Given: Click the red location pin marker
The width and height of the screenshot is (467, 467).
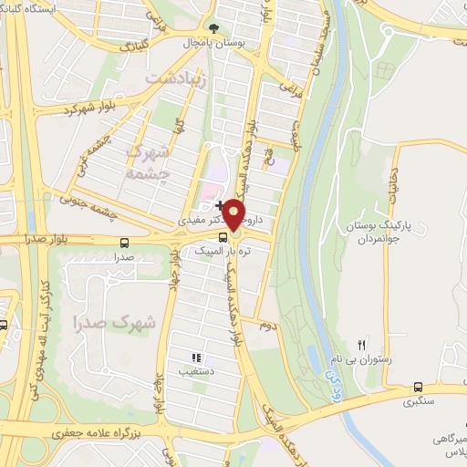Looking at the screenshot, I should pyautogui.click(x=234, y=214).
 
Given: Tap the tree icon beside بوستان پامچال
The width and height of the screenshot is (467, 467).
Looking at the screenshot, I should pyautogui.click(x=213, y=28).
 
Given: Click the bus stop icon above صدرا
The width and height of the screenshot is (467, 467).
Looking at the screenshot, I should pyautogui.click(x=124, y=244).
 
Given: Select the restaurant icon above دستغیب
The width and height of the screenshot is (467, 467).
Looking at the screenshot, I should pyautogui.click(x=194, y=358).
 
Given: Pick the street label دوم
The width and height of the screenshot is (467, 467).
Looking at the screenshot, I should pyautogui.click(x=266, y=324).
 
